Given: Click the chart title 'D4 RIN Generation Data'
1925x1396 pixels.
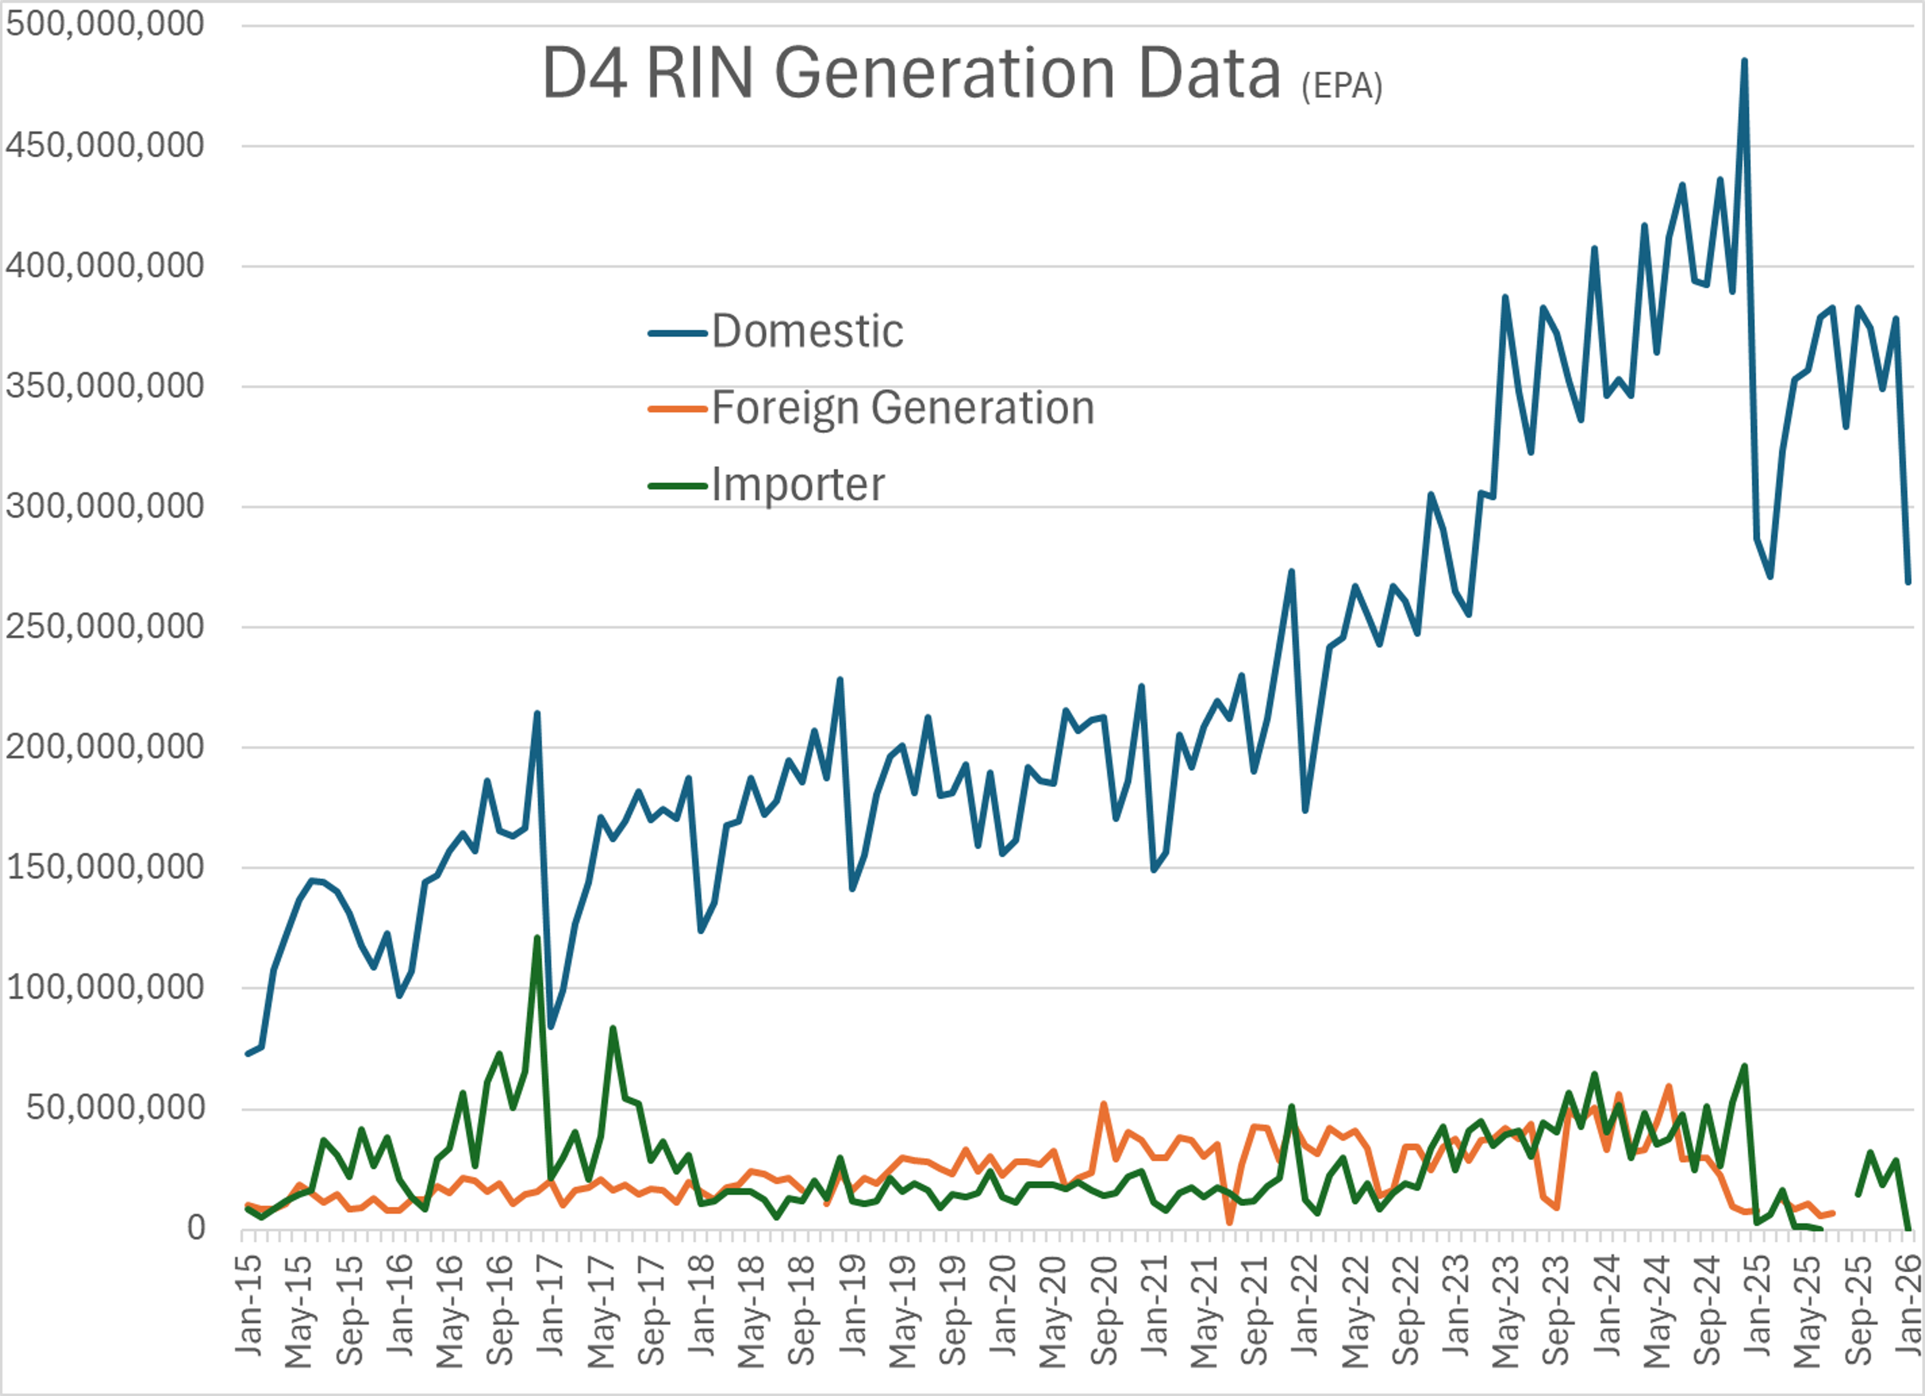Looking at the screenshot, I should click(911, 74).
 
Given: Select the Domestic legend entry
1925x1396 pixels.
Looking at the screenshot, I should click(806, 331).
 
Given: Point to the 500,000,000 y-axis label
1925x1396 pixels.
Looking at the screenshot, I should click(105, 24).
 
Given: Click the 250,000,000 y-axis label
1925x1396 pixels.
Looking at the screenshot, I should click(105, 626).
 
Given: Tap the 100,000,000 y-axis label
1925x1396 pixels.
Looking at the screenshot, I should click(105, 987).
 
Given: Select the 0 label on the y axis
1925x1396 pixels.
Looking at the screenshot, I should click(196, 1227).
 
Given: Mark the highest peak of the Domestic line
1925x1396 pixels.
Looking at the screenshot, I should click(1744, 61).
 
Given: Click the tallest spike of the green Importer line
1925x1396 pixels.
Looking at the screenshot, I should click(536, 938).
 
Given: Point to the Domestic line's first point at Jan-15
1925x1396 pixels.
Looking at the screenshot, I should click(247, 1054).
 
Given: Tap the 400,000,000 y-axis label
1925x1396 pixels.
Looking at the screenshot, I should click(105, 266).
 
